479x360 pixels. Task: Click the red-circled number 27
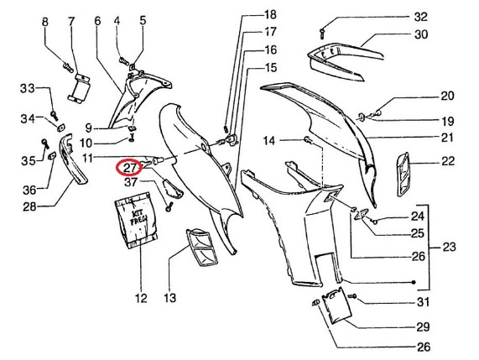click(128, 168)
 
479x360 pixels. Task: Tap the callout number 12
click(141, 298)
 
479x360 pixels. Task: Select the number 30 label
click(420, 34)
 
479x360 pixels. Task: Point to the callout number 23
click(449, 247)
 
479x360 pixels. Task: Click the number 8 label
click(45, 22)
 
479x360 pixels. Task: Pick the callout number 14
click(268, 141)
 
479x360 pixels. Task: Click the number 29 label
click(423, 327)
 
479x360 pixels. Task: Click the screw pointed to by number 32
click(321, 34)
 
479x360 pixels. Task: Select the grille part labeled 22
click(404, 175)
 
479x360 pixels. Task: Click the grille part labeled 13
click(201, 247)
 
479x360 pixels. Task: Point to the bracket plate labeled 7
click(79, 88)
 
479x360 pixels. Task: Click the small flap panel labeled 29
click(337, 305)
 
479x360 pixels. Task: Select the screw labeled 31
click(353, 296)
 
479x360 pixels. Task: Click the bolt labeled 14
click(307, 140)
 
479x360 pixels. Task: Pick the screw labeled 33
click(55, 116)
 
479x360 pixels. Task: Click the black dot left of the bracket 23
click(414, 282)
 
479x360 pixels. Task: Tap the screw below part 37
click(169, 207)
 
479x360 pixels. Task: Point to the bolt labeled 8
click(67, 67)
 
